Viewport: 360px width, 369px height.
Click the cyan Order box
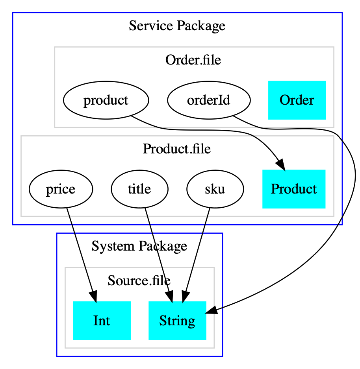(297, 100)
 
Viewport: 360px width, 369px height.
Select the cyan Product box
(293, 189)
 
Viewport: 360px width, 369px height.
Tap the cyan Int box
(102, 321)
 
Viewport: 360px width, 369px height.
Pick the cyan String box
(177, 321)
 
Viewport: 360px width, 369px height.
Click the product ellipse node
(106, 100)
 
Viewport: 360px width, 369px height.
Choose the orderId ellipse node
(209, 100)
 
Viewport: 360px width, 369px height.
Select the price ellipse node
(60, 189)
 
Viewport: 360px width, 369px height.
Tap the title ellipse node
(139, 189)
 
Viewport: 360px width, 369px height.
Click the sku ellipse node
(215, 189)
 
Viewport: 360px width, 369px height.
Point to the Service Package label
(177, 26)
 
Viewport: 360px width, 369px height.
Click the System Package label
(139, 246)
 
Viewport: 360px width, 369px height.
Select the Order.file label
(193, 60)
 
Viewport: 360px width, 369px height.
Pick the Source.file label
(139, 280)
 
